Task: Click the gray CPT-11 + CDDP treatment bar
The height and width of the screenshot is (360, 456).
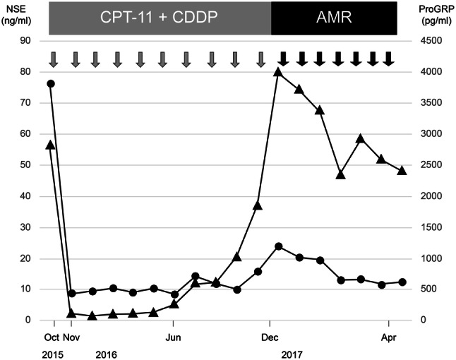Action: (x=160, y=18)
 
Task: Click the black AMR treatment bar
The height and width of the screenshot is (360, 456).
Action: (x=334, y=18)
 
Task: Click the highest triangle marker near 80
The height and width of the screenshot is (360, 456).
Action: (x=278, y=72)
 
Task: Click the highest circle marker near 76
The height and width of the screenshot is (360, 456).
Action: (x=51, y=84)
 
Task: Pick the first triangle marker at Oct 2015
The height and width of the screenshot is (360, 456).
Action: (x=51, y=145)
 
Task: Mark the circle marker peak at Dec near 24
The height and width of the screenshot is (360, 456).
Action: (x=278, y=246)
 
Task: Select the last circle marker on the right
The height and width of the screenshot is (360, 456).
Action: (x=402, y=282)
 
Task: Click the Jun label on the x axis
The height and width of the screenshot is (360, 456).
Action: (x=174, y=336)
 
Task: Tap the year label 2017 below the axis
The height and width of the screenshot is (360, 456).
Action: (x=290, y=351)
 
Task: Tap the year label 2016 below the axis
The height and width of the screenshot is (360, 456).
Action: (x=106, y=351)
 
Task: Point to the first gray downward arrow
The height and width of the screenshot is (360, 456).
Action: (x=54, y=59)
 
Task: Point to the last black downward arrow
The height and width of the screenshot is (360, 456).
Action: (x=388, y=59)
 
